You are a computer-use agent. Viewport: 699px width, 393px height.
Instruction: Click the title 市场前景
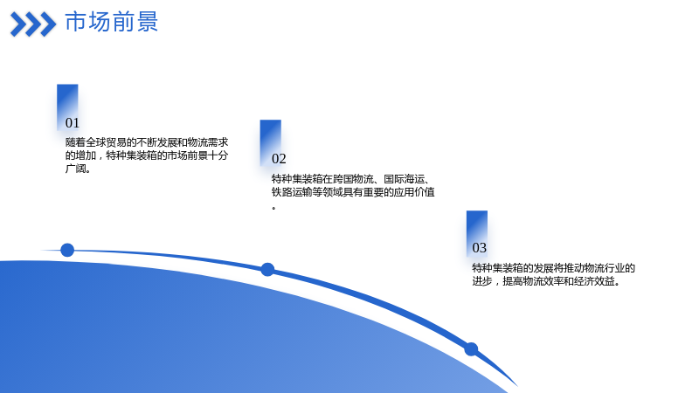(112, 22)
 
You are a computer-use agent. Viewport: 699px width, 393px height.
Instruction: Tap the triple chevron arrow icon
(33, 24)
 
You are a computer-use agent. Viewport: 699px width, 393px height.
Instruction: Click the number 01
(73, 123)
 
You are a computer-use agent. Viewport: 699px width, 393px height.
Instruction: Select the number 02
(279, 159)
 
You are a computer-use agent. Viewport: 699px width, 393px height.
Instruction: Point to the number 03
(479, 248)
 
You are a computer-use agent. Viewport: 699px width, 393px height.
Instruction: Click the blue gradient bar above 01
(67, 106)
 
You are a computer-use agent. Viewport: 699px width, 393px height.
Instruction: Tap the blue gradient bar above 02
(271, 142)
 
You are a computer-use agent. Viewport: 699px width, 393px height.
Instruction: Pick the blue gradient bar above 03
(477, 233)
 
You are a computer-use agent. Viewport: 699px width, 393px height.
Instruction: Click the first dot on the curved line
(67, 250)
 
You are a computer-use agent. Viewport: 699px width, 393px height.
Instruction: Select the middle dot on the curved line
(267, 270)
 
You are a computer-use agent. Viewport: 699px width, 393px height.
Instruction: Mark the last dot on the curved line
(471, 348)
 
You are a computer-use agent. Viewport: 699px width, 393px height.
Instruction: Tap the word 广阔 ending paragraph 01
(75, 169)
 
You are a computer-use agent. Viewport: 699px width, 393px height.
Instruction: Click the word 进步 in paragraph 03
(482, 281)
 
